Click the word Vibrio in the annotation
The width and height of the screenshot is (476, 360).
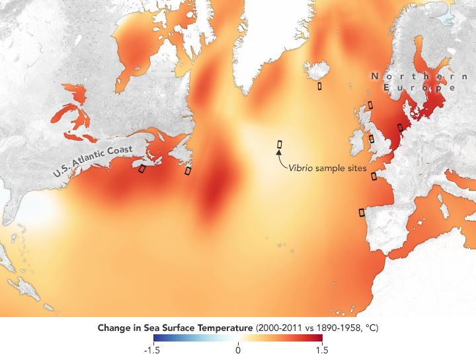click(x=301, y=168)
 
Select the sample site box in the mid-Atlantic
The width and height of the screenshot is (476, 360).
click(x=280, y=144)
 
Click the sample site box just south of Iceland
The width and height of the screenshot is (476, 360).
click(x=319, y=85)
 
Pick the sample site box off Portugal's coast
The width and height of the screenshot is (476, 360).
click(x=362, y=212)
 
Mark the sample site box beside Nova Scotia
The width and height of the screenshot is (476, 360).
click(x=141, y=169)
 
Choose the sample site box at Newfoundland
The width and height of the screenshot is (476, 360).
click(x=188, y=170)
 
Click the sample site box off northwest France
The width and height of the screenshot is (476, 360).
click(x=374, y=176)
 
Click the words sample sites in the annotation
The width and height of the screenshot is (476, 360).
click(x=341, y=168)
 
